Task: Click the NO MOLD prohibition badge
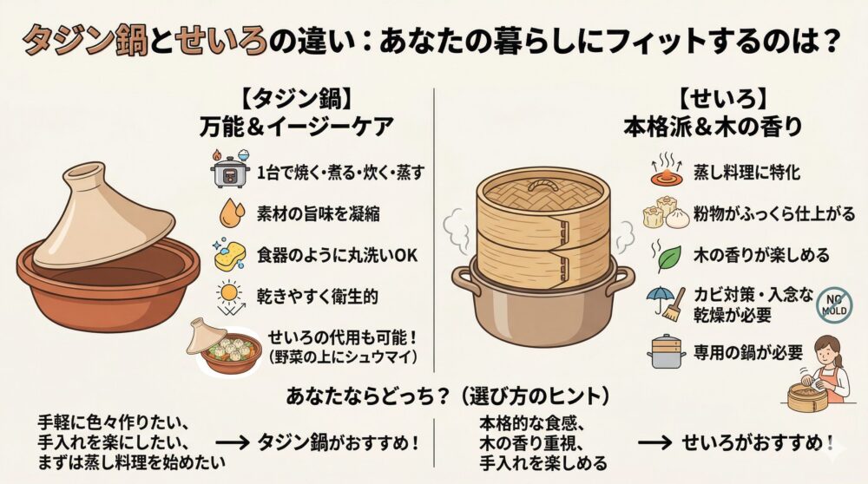pos(833,305)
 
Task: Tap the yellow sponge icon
pos(230,255)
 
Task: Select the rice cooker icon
pos(230,169)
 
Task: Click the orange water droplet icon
pos(232,213)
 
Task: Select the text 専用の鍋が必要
pos(748,353)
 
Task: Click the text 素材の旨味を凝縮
pos(319,213)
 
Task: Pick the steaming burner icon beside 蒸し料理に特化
pos(666,169)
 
